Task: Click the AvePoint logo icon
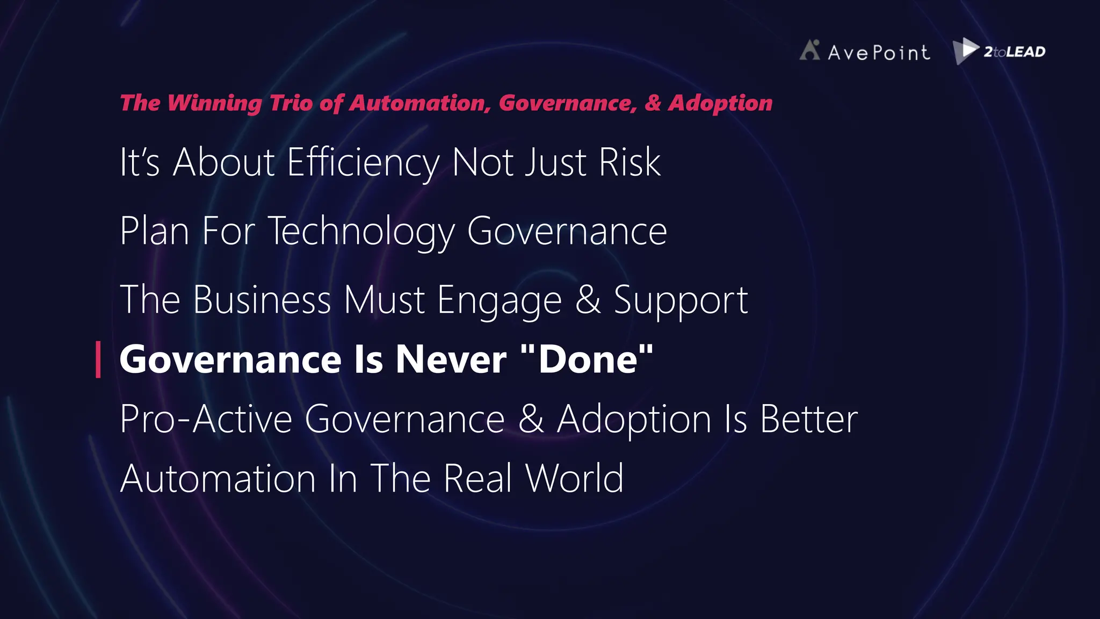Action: point(810,50)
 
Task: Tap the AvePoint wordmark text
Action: point(879,53)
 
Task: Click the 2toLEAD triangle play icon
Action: point(966,51)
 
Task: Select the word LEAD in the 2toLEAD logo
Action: point(1026,52)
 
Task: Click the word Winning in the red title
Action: point(214,103)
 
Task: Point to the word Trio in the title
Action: point(291,103)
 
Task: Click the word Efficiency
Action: point(363,162)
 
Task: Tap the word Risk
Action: point(629,162)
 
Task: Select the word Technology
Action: point(361,231)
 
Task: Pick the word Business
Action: point(262,299)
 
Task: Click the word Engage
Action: point(499,299)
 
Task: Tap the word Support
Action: point(681,299)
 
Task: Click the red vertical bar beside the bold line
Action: point(98,359)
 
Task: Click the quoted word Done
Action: point(588,359)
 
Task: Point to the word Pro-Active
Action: point(206,419)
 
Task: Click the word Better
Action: point(808,419)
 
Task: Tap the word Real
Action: point(477,478)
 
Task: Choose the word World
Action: point(574,478)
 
